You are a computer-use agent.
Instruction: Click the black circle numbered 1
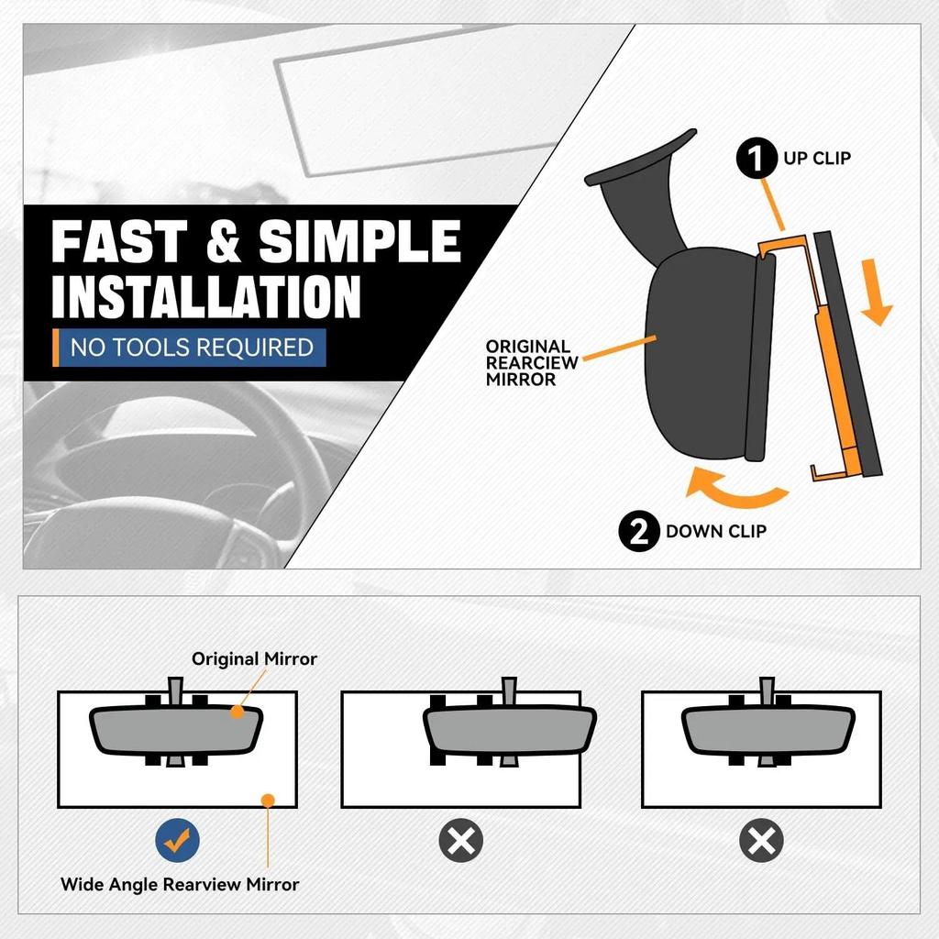coord(757,158)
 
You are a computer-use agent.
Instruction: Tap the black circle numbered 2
coord(639,531)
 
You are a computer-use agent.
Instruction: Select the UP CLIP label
coord(817,158)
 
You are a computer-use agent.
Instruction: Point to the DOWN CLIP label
coord(715,531)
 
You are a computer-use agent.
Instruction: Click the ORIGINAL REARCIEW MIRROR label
coord(531,363)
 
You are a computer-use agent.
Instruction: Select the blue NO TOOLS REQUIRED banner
coord(189,348)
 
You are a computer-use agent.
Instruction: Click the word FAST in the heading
coord(119,241)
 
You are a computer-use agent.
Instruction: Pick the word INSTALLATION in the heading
coord(206,296)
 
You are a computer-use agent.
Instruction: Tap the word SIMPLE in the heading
coord(359,241)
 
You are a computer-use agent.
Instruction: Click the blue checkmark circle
coord(177,840)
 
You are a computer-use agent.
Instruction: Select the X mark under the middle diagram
coord(461,840)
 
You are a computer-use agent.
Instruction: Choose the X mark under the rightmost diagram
coord(762,840)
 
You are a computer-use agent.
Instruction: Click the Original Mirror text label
coord(254,658)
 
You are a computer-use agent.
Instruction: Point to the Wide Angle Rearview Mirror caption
coord(180,885)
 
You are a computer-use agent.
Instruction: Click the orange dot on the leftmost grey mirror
coord(238,712)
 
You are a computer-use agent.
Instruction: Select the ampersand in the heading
coord(224,241)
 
